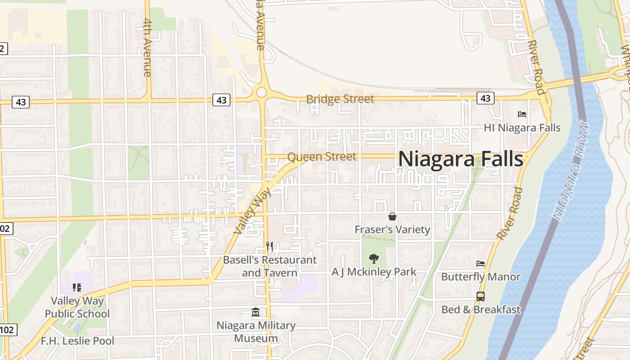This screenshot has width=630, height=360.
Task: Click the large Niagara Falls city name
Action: (460, 159)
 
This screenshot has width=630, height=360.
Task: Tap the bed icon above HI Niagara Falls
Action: (522, 114)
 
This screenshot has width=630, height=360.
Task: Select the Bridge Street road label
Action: (340, 99)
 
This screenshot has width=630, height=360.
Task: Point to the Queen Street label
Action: (321, 157)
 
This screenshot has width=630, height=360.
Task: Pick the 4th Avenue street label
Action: (148, 47)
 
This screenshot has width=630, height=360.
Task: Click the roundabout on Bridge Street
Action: (261, 93)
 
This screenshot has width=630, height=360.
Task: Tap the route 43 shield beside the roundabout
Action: (221, 100)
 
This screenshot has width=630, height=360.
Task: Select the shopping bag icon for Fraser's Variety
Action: (392, 217)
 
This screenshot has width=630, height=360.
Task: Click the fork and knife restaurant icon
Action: (269, 247)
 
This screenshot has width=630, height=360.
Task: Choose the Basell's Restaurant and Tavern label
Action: (270, 266)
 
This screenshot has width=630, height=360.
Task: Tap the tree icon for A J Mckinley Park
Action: (373, 259)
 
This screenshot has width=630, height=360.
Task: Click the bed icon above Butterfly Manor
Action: (481, 264)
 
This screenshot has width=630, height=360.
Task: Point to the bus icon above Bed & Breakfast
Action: (481, 297)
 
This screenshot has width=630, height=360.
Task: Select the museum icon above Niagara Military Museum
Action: (256, 312)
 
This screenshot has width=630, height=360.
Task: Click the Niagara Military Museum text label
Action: (256, 332)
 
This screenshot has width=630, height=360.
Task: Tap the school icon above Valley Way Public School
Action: (76, 288)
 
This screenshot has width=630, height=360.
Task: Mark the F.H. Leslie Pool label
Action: (77, 341)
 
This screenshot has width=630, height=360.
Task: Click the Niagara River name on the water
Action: (570, 171)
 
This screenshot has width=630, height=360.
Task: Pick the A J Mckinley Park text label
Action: (373, 272)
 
